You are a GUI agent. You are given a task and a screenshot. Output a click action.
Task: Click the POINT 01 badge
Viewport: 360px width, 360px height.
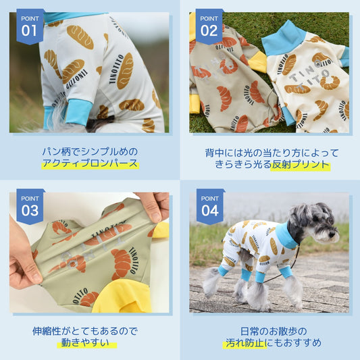(x=30, y=26)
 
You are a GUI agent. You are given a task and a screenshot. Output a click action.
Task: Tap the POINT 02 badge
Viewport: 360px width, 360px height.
(x=209, y=26)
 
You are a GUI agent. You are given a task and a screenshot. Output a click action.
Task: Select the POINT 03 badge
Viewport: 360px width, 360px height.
(x=30, y=207)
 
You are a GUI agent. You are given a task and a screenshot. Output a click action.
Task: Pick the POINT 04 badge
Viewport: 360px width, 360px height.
(x=210, y=207)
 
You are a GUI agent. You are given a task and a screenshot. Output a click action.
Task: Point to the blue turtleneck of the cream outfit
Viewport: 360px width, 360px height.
(x=284, y=39)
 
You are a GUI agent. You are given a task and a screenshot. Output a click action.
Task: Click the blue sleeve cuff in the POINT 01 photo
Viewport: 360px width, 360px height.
(x=79, y=113)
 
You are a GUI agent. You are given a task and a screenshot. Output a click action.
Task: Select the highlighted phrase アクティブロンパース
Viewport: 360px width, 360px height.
(x=91, y=163)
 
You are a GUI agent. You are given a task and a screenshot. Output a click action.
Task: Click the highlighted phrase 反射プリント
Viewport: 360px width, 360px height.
(x=301, y=165)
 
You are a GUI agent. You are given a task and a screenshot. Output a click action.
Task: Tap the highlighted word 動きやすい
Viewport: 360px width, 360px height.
(x=85, y=343)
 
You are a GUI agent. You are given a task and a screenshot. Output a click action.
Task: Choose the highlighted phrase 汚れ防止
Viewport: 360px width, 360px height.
(x=245, y=343)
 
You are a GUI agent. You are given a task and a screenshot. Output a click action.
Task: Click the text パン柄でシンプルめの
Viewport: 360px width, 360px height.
(x=90, y=152)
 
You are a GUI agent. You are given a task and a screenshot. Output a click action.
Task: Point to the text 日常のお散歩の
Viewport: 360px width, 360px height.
(x=274, y=332)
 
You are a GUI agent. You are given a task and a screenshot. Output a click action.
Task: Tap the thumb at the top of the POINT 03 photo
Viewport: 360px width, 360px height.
(x=153, y=207)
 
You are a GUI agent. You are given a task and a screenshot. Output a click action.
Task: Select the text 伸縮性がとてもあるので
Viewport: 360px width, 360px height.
(x=85, y=331)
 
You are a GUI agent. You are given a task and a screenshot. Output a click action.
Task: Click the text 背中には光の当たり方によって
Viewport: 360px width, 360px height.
(x=272, y=153)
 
